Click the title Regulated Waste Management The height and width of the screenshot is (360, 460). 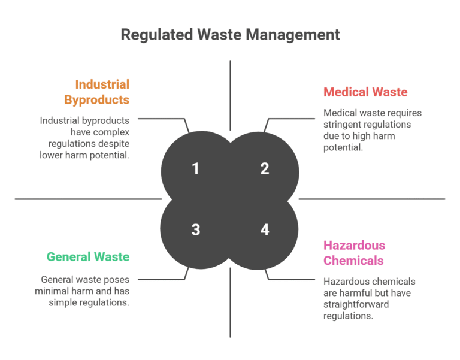(230, 34)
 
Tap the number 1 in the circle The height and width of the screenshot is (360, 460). (195, 169)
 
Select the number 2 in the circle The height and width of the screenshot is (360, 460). (265, 169)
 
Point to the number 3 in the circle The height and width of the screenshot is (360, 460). (195, 229)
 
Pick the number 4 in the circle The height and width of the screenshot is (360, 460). (265, 229)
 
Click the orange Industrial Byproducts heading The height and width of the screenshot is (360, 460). (102, 92)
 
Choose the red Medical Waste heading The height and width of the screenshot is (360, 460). (365, 92)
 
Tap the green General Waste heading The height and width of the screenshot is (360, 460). (88, 257)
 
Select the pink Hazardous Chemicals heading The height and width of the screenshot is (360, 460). (354, 253)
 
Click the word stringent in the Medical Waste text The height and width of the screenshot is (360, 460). (345, 125)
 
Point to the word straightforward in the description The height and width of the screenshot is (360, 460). (355, 304)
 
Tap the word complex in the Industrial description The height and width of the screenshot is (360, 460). (112, 132)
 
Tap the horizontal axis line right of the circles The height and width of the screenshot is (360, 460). (371, 199)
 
